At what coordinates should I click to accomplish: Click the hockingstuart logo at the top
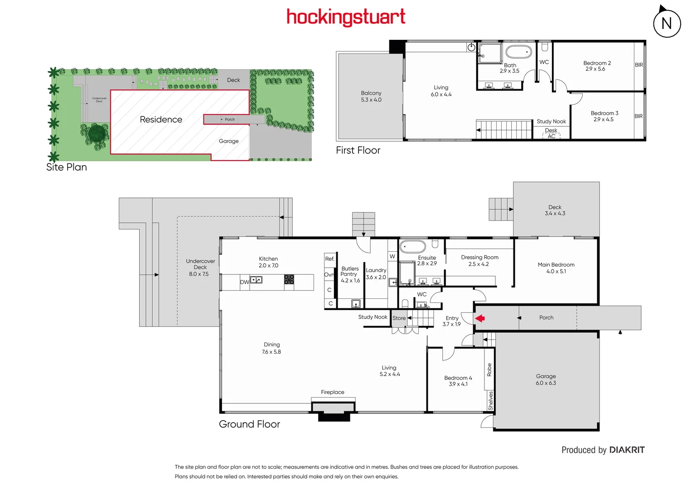pyautogui.click(x=346, y=17)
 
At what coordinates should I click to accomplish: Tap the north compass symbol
pyautogui.click(x=667, y=23)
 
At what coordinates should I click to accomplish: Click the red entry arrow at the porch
pyautogui.click(x=480, y=318)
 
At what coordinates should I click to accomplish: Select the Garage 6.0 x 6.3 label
pyautogui.click(x=546, y=379)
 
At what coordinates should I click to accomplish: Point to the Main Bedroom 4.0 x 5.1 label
pyautogui.click(x=556, y=268)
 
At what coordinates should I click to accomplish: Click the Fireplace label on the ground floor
pyautogui.click(x=333, y=392)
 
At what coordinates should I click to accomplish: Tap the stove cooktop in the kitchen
pyautogui.click(x=289, y=279)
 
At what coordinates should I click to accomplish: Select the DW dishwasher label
pyautogui.click(x=244, y=282)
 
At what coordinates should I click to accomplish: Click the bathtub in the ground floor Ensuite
pyautogui.click(x=412, y=247)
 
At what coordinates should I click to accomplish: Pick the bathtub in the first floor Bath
pyautogui.click(x=518, y=52)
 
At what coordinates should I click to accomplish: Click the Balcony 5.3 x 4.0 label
pyautogui.click(x=371, y=96)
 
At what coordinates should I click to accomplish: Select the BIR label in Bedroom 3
pyautogui.click(x=639, y=116)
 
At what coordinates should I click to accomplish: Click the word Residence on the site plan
pyautogui.click(x=161, y=120)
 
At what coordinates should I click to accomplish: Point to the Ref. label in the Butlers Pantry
pyautogui.click(x=330, y=259)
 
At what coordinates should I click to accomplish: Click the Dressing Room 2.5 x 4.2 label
pyautogui.click(x=479, y=260)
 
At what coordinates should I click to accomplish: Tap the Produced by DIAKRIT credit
pyautogui.click(x=603, y=450)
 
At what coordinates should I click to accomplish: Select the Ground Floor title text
pyautogui.click(x=249, y=424)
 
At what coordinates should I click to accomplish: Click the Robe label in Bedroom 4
pyautogui.click(x=489, y=370)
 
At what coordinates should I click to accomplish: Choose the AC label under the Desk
pyautogui.click(x=552, y=136)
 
